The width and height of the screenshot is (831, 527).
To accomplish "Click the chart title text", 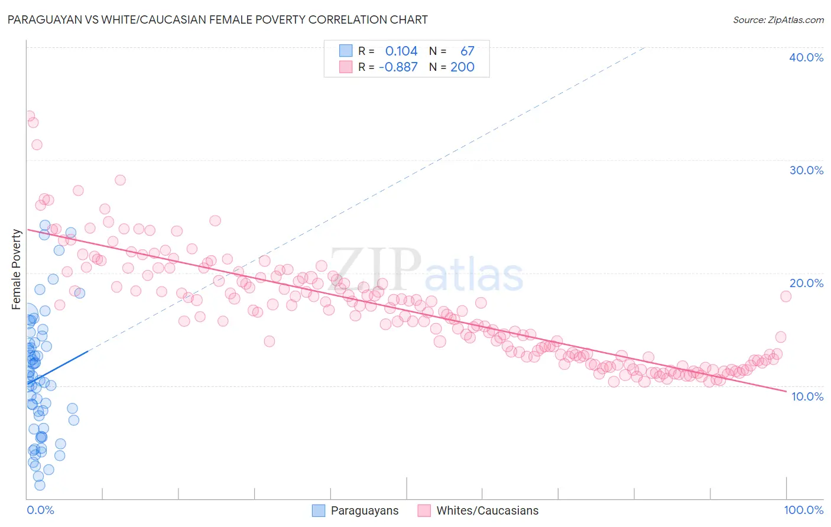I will point(218,19).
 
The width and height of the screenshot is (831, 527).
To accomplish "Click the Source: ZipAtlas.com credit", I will point(778,19).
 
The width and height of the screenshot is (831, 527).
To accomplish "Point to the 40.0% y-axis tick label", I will point(806,57).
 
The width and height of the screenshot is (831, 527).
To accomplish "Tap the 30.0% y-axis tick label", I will point(806,170).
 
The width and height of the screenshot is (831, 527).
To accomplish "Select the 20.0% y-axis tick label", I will point(806,283).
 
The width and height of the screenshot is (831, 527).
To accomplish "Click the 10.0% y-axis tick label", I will point(807,396).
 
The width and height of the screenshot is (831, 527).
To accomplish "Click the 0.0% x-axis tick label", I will point(40,510).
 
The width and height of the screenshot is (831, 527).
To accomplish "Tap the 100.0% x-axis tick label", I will point(803,510).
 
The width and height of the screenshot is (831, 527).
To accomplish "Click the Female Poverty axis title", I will point(17,269).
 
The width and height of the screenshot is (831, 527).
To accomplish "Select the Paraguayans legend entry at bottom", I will point(355,510).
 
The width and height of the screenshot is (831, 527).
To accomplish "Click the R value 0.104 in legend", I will point(401,51).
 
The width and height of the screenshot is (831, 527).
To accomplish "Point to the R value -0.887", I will point(398,67).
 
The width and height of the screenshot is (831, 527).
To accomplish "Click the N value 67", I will point(467,51).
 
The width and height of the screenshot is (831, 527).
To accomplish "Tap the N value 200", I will point(462,67).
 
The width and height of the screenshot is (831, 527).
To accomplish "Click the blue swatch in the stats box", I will point(346,51).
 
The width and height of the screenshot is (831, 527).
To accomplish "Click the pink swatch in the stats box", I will point(346,67).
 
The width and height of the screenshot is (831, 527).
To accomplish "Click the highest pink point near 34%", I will point(28,116).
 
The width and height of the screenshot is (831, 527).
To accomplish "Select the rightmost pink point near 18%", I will point(785,297).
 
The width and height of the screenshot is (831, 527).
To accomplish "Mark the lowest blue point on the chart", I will point(40,485).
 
